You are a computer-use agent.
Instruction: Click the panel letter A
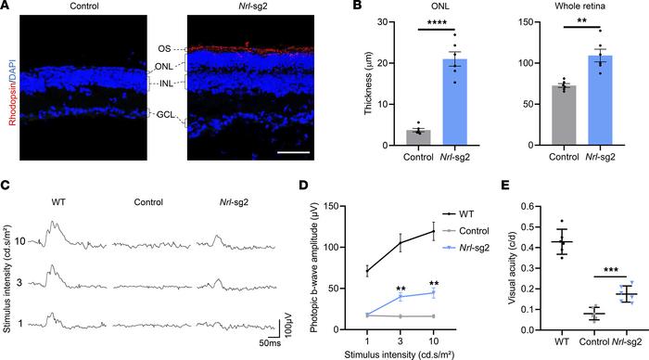coord(6,7)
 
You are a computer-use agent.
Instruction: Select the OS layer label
coord(163,48)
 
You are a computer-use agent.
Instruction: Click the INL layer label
coord(163,84)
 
